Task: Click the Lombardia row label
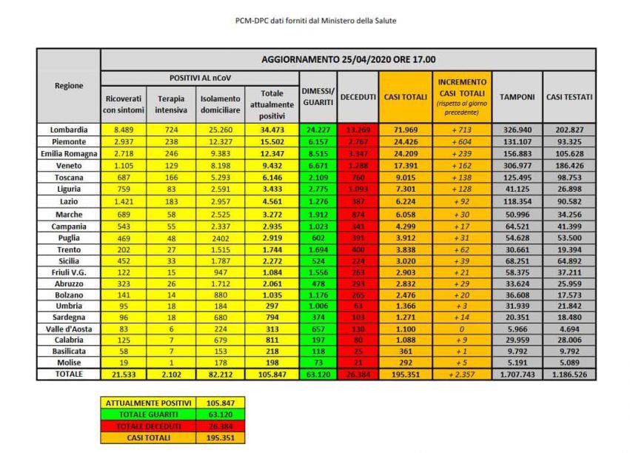click(x=68, y=130)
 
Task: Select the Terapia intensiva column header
click(x=171, y=104)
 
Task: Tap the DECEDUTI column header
click(x=358, y=97)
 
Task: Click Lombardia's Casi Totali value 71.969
click(x=405, y=130)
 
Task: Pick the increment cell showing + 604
click(x=462, y=141)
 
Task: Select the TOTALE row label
click(x=68, y=375)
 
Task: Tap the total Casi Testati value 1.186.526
click(x=569, y=375)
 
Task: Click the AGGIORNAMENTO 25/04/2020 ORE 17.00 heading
click(x=348, y=59)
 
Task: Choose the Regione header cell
click(x=68, y=85)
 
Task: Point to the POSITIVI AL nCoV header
click(x=199, y=78)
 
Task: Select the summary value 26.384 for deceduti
click(x=220, y=426)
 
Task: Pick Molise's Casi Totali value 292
click(x=405, y=363)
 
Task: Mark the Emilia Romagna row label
click(x=68, y=153)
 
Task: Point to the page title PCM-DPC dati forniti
click(x=315, y=21)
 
